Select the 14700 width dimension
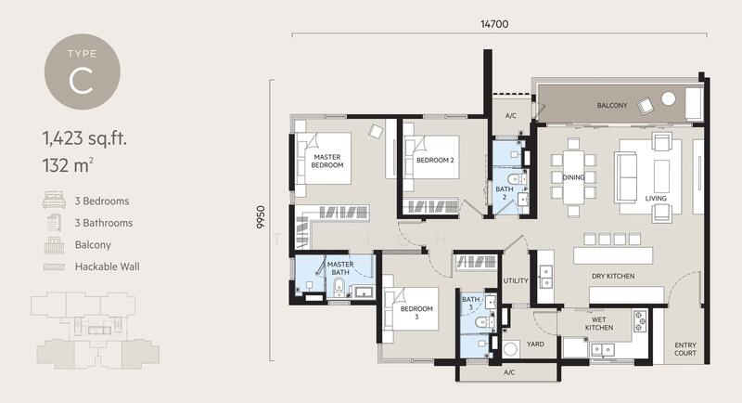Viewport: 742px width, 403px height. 493,25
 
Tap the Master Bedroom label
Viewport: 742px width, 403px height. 328,162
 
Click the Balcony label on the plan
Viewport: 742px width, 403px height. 612,105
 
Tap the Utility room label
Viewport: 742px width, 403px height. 515,279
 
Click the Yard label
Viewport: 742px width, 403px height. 536,344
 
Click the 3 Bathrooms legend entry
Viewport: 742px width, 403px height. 103,223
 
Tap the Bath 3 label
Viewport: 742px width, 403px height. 470,304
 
